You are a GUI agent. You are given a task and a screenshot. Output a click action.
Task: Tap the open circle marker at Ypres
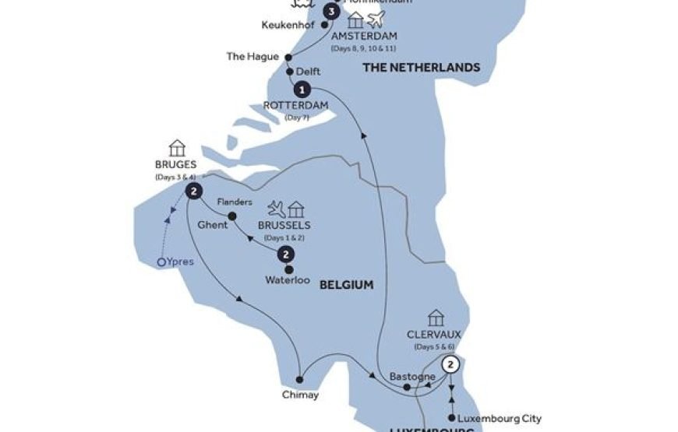coord(161,263)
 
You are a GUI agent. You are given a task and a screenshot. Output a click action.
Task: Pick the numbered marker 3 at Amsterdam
coord(333,12)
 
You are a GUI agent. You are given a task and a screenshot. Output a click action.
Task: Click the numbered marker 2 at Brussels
coord(287,255)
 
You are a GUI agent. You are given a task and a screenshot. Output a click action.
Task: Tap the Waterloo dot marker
coord(288,269)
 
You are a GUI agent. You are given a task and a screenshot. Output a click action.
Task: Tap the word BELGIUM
coord(346,286)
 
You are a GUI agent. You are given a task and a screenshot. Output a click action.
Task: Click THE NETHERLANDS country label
coord(421,68)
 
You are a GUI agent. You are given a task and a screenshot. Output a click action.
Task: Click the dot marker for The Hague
coord(288,57)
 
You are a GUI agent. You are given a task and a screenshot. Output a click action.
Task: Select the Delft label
coord(309,72)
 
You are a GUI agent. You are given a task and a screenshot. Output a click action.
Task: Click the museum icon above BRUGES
coord(177,147)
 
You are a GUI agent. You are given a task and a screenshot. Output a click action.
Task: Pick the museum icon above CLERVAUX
coord(436,318)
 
